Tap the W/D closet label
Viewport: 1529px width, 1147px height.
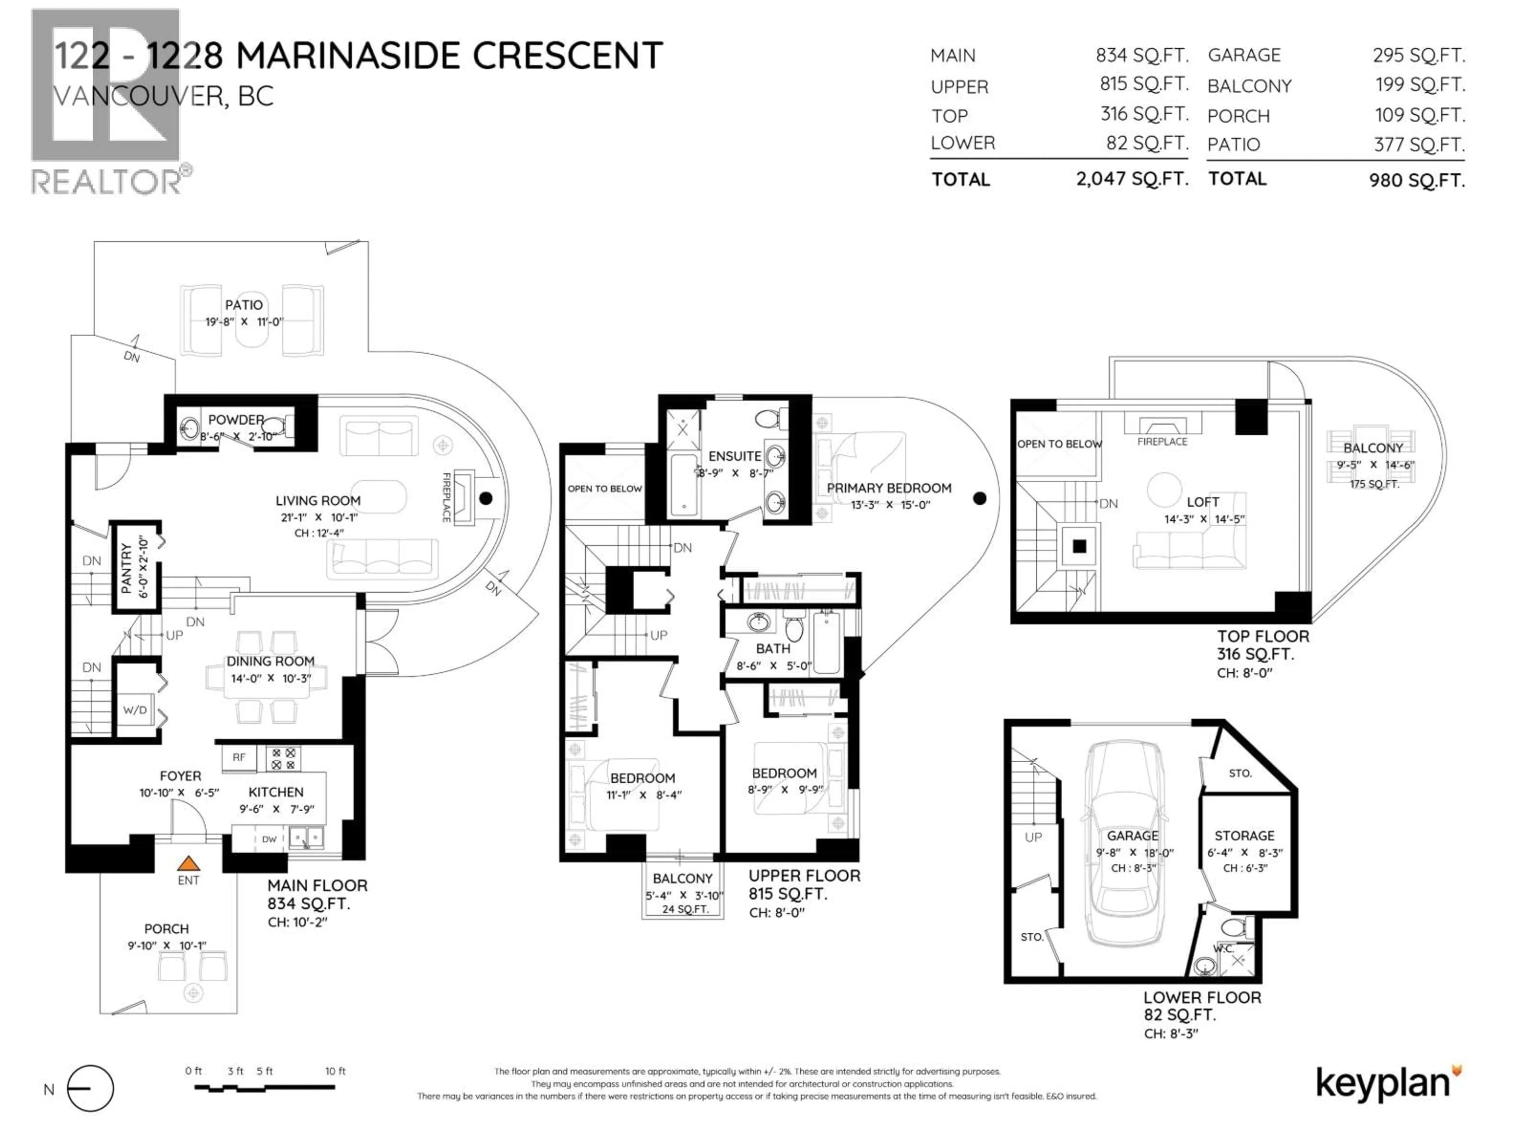[135, 710]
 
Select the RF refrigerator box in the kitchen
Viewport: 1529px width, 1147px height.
[239, 757]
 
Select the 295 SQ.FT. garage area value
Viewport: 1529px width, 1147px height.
[1418, 55]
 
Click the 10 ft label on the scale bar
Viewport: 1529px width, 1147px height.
[335, 1071]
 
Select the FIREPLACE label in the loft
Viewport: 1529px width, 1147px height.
[1162, 441]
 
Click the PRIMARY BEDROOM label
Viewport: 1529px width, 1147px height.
[889, 488]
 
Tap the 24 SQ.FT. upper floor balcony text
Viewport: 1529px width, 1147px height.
[685, 909]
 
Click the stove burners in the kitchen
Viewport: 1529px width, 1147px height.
[284, 758]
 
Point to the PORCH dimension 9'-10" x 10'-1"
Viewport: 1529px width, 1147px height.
[166, 946]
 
